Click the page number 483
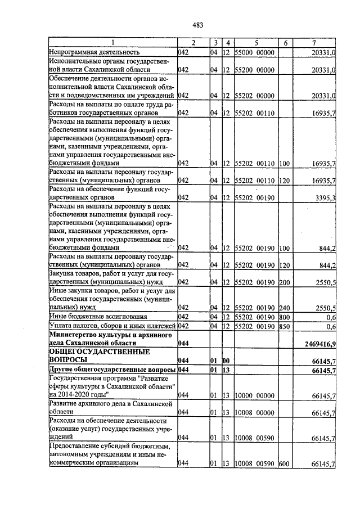[x=197, y=25]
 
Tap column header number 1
[x=112, y=43]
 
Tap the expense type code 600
[x=283, y=464]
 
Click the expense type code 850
[x=283, y=326]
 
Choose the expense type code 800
[x=283, y=317]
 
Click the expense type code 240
[x=283, y=308]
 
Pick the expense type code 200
[x=283, y=282]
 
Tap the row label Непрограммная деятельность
[x=91, y=52]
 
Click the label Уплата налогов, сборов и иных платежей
[x=112, y=326]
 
